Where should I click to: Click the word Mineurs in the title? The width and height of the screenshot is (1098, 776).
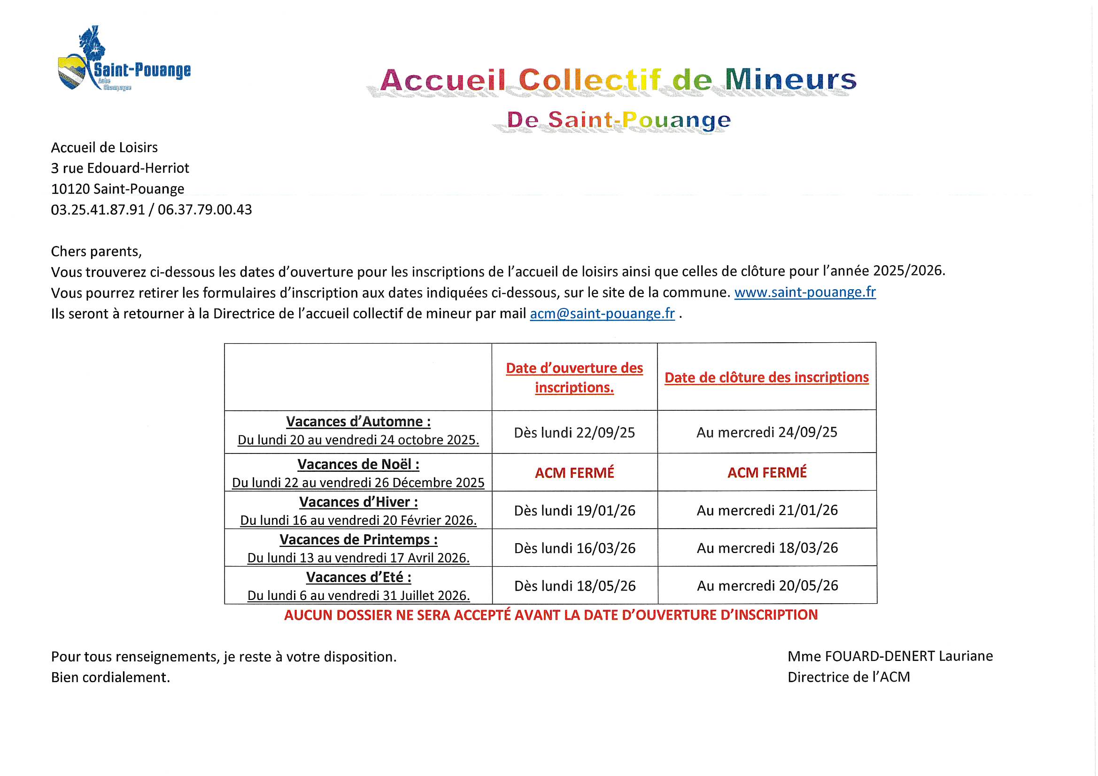(x=790, y=79)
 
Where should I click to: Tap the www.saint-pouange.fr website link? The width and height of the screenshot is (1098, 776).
(x=805, y=292)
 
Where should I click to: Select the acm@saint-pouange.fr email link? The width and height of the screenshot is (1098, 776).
(x=602, y=313)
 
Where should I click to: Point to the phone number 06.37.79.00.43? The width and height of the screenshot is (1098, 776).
(x=205, y=209)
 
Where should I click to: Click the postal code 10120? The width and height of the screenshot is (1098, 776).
(x=70, y=189)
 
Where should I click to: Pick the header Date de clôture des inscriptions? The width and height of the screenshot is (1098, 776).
(x=766, y=377)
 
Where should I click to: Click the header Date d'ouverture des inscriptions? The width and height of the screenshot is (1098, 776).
(x=574, y=377)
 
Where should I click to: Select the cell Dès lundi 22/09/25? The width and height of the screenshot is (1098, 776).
(x=574, y=432)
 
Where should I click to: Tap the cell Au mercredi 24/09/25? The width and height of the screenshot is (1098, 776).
(x=766, y=432)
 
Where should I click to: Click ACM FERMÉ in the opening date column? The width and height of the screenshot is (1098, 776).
(x=574, y=472)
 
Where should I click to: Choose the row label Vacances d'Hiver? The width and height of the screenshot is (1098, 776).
(x=358, y=501)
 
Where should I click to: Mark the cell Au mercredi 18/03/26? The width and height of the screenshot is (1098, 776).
(x=767, y=547)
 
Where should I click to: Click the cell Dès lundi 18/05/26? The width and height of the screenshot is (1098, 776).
(x=575, y=586)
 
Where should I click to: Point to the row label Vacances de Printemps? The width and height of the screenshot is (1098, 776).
(x=358, y=539)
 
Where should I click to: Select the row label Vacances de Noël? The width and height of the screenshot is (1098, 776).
(x=358, y=464)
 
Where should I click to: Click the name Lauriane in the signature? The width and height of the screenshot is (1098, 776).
(x=966, y=656)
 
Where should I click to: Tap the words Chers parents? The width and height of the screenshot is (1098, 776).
(x=96, y=251)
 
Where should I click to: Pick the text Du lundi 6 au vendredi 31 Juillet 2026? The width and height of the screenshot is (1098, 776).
(x=358, y=595)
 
